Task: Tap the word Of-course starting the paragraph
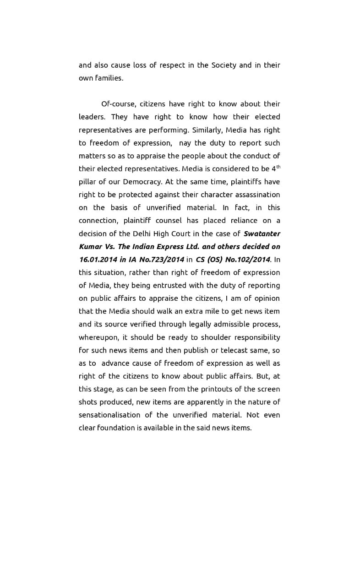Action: pos(119,104)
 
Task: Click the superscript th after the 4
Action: pos(278,167)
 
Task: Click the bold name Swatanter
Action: pos(262,233)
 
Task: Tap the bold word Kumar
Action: pos(90,246)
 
